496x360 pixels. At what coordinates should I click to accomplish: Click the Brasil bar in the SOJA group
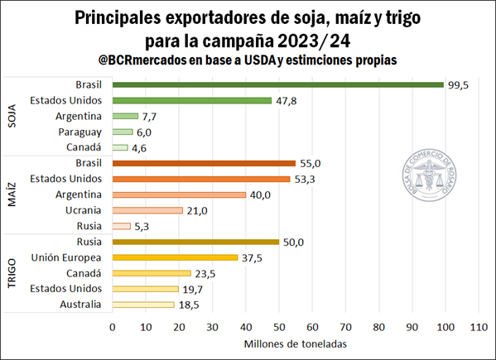pos(277,84)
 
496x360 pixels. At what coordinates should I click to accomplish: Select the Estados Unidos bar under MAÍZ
pos(201,179)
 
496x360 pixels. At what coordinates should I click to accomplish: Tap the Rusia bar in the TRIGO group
pos(195,242)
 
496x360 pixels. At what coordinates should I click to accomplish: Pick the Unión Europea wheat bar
pos(175,257)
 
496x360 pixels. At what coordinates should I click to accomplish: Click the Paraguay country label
pos(80,132)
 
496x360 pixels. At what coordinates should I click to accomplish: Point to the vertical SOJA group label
pos(13,116)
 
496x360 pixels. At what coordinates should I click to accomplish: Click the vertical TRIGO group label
pos(13,273)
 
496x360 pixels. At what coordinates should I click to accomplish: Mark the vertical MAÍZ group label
pos(13,194)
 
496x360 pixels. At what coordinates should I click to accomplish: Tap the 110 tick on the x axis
pos(478,327)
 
